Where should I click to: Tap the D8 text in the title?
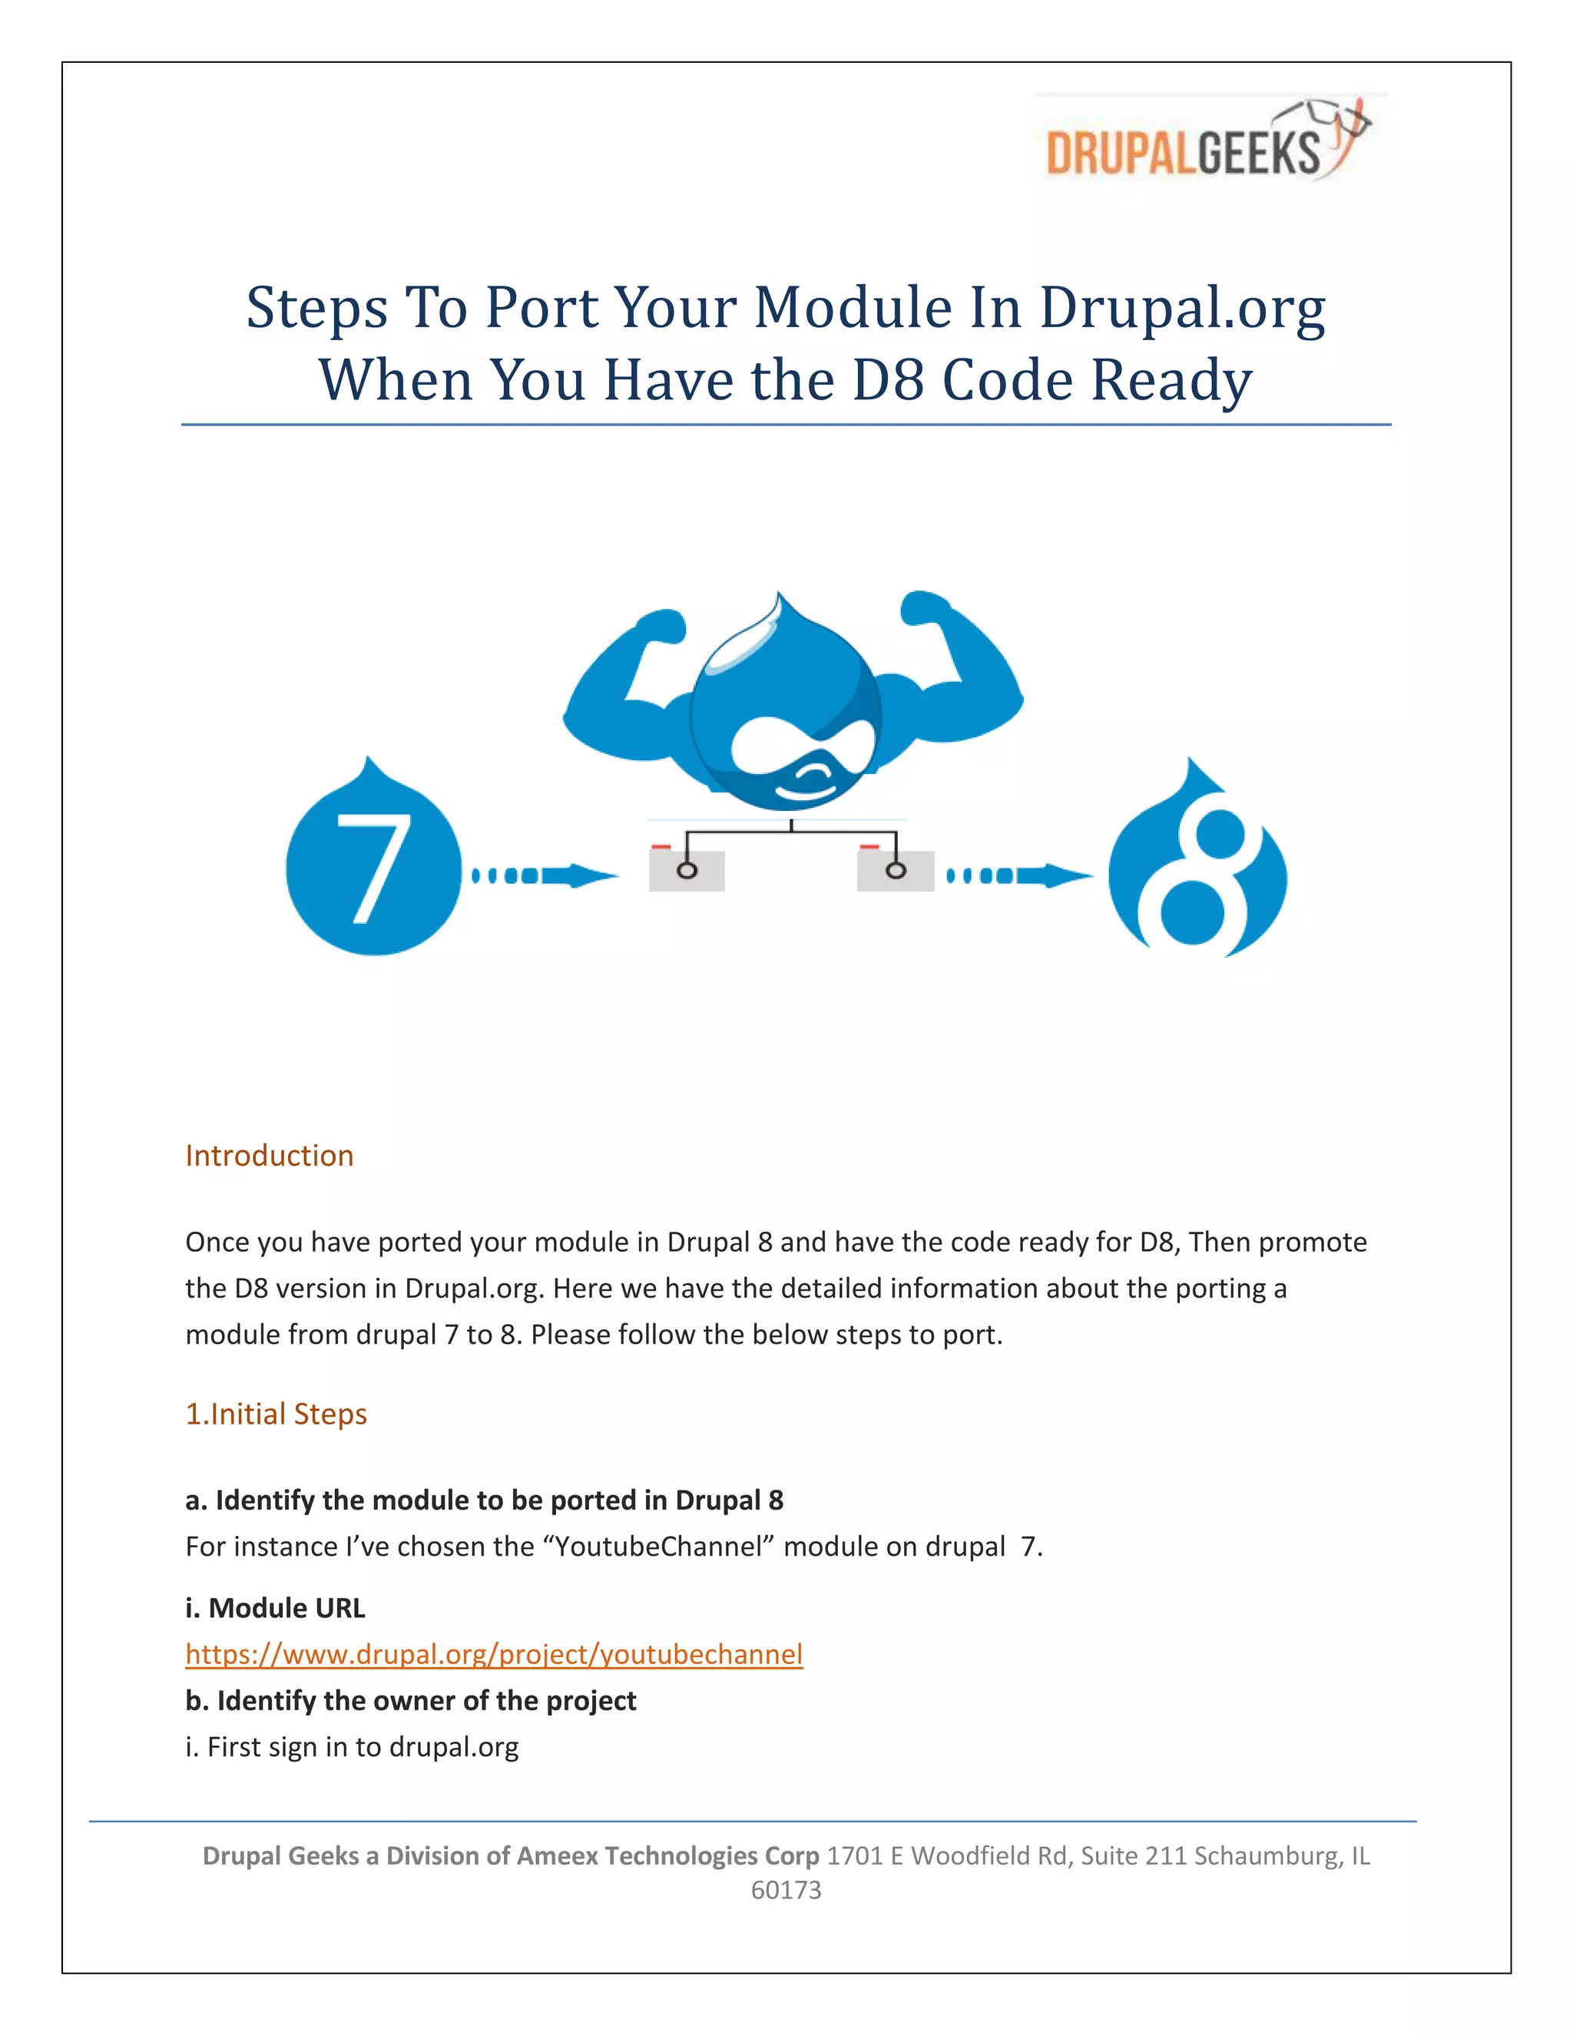click(x=888, y=380)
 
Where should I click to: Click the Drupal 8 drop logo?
click(x=1197, y=866)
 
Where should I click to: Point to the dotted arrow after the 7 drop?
click(x=545, y=875)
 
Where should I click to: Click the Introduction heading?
click(x=270, y=1156)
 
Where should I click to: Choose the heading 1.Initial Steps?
click(x=276, y=1414)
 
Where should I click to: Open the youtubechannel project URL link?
click(x=494, y=1654)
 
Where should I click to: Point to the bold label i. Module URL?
click(x=275, y=1608)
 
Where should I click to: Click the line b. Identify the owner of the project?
click(x=410, y=1700)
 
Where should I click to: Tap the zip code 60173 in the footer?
click(x=786, y=1890)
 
